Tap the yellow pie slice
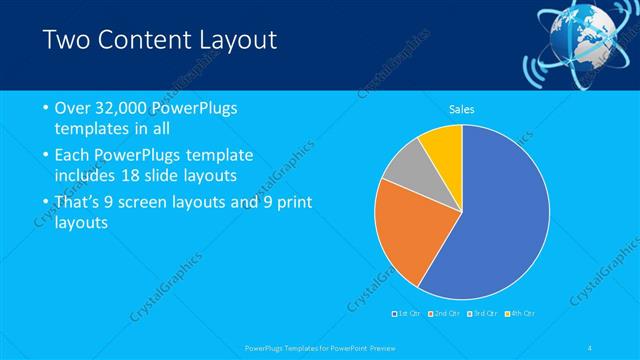(x=443, y=144)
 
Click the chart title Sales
(x=461, y=109)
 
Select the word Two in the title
(x=66, y=40)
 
